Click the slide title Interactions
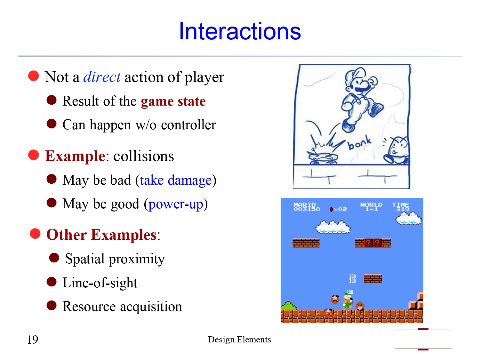tap(240, 31)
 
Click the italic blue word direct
tap(102, 77)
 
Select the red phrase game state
tap(173, 101)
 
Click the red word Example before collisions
tap(75, 156)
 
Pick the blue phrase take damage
tap(176, 180)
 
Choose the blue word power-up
tap(176, 204)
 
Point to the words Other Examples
tap(101, 235)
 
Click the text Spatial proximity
tap(115, 259)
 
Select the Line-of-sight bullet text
tap(100, 283)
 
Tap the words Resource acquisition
tap(122, 307)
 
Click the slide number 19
tap(33, 340)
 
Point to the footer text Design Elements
tap(239, 340)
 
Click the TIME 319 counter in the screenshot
tap(401, 207)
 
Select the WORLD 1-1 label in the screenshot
tap(371, 207)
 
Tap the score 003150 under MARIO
tap(307, 209)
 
